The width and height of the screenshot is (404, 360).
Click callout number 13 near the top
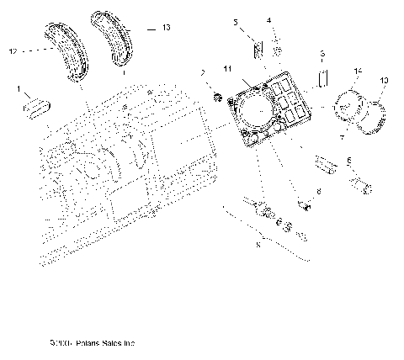166,28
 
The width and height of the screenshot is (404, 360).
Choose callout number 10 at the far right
385,80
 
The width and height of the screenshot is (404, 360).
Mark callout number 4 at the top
269,19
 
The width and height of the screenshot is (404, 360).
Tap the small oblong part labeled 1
38,107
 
